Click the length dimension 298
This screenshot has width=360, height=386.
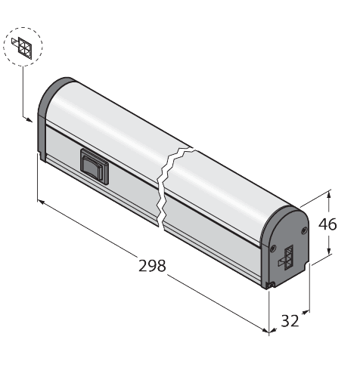152,267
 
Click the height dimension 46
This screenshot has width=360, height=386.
327,224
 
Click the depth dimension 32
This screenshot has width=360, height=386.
290,320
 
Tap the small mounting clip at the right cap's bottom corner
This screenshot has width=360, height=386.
270,284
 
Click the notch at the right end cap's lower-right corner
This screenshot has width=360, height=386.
309,264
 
